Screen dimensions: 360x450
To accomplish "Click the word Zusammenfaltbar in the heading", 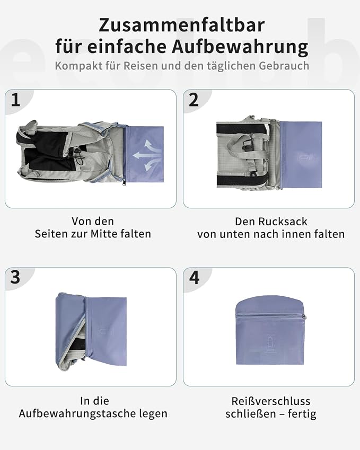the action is (181, 25).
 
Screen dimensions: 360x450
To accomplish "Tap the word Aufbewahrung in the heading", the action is (240, 47).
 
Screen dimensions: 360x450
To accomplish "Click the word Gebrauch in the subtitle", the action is (284, 66).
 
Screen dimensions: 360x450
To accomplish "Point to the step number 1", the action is (15, 100).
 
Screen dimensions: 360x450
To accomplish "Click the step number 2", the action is (194, 100).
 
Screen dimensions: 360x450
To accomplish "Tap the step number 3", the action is (15, 277).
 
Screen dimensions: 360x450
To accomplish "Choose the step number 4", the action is (195, 278).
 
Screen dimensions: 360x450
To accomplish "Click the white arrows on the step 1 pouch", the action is (147, 155).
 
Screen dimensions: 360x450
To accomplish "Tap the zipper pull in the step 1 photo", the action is (125, 182).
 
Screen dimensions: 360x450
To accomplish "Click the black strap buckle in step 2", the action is (247, 145).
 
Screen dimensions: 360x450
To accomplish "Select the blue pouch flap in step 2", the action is (301, 154).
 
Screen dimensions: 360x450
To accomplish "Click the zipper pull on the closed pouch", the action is (304, 317).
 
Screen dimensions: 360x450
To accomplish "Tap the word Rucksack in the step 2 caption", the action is (283, 222).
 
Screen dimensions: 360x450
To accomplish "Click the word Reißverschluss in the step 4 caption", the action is (271, 401).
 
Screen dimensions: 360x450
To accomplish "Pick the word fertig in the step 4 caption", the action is (302, 414).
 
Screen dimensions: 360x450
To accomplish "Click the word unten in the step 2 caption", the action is (233, 234).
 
